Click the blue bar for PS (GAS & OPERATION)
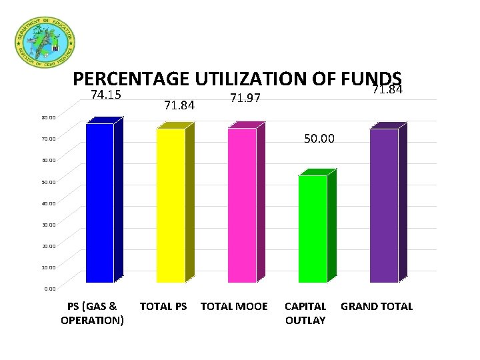click(x=99, y=203)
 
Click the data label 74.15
click(x=105, y=95)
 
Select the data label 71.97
click(x=243, y=99)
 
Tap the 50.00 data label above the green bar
click(x=319, y=139)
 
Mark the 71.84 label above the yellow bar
click(x=179, y=105)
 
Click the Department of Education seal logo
click(x=45, y=41)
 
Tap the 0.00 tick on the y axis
click(x=50, y=289)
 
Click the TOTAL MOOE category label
click(x=234, y=307)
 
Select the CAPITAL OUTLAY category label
click(x=305, y=313)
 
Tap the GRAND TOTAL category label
click(x=377, y=307)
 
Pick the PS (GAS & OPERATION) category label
click(x=92, y=313)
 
